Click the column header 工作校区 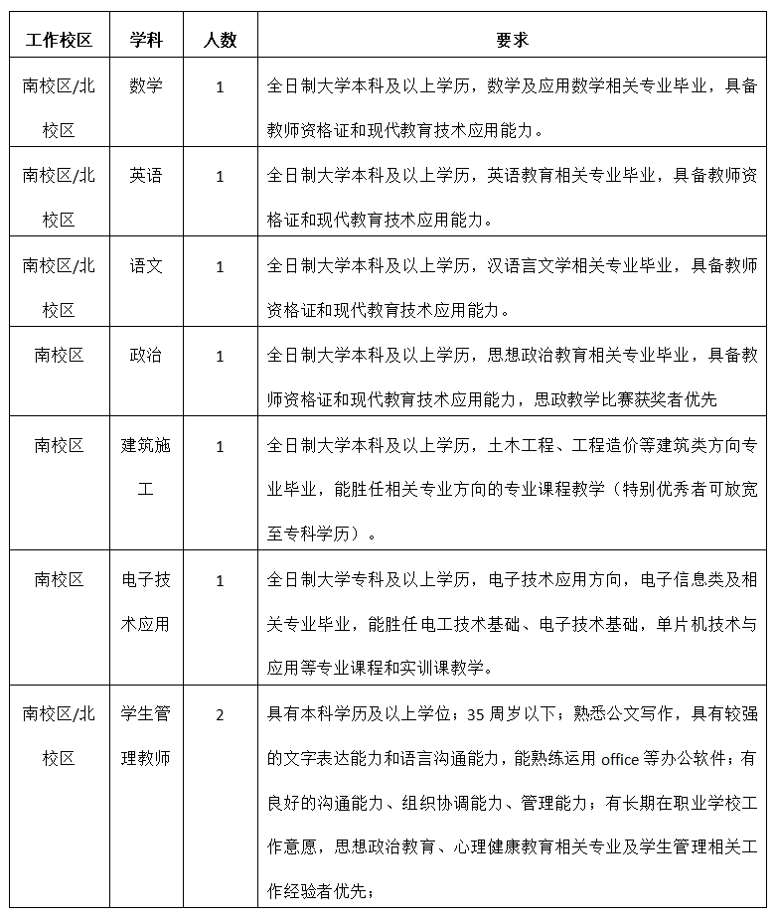59,40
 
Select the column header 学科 146,40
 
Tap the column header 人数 220,40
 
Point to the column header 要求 512,40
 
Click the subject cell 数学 146,86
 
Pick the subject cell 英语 146,176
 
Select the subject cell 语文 146,266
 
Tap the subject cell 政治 146,356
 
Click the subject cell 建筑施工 146,468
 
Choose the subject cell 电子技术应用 146,602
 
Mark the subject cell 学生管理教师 146,736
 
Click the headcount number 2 220,714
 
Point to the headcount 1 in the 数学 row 220,87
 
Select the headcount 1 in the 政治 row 220,357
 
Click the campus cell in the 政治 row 59,356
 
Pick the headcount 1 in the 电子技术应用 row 220,580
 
